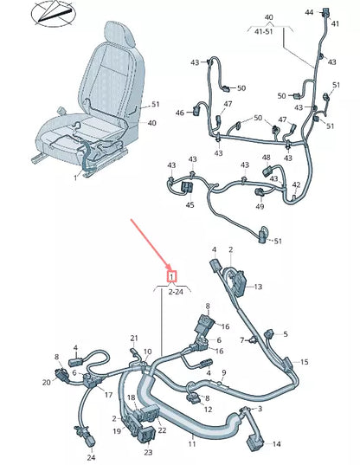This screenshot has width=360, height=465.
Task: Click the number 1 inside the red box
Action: (172, 276)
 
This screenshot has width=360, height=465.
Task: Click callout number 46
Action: (180, 113)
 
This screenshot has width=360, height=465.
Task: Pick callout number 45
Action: (189, 205)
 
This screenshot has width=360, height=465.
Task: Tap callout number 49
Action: (260, 206)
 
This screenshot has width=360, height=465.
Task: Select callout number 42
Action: (297, 184)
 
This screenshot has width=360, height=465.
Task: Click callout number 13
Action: (257, 287)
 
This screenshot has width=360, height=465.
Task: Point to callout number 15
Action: (304, 361)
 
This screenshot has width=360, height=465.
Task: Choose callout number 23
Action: (148, 451)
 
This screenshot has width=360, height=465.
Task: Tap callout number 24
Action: (91, 456)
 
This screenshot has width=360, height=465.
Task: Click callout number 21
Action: (134, 338)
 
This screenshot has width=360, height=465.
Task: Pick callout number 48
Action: (267, 158)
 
